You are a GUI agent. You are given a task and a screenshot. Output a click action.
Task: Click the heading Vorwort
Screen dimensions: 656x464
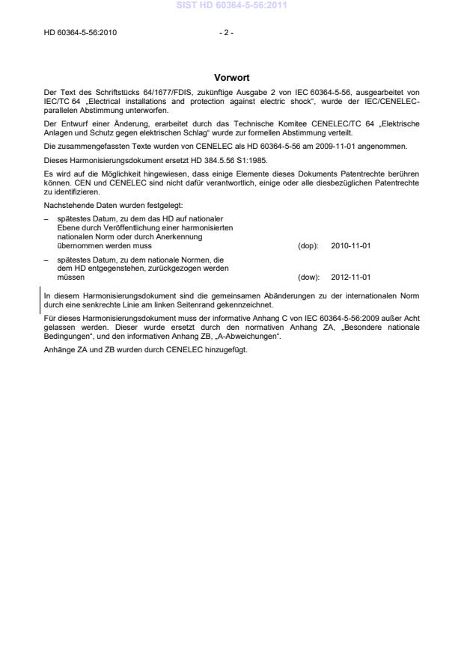tap(231, 77)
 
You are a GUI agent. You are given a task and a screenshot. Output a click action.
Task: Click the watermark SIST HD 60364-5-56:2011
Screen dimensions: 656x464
tap(232, 6)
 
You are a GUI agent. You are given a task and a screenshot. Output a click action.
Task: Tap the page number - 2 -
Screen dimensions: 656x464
tap(226, 33)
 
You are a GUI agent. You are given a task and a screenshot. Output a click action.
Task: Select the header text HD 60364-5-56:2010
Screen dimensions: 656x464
tap(80, 33)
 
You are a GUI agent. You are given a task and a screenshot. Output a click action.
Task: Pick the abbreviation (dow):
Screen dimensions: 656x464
tap(308, 277)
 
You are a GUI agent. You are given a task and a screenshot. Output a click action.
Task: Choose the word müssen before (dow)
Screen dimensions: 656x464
tap(70, 277)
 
